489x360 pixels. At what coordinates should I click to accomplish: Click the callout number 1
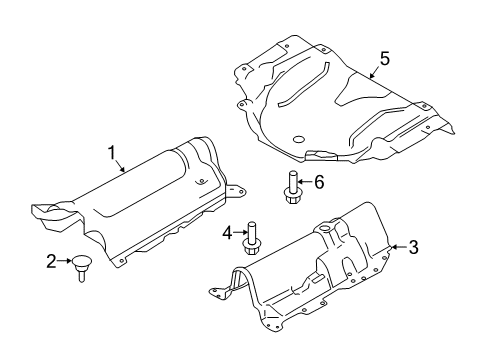pyautogui.click(x=113, y=152)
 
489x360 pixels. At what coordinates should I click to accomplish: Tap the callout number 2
pyautogui.click(x=52, y=262)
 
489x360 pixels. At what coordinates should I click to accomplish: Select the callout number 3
pyautogui.click(x=413, y=247)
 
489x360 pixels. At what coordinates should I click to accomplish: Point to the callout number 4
pyautogui.click(x=227, y=233)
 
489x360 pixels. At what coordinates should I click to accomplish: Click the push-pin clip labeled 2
pyautogui.click(x=79, y=268)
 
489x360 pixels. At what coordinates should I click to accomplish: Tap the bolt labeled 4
pyautogui.click(x=252, y=236)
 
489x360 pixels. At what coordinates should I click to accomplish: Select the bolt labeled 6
pyautogui.click(x=292, y=188)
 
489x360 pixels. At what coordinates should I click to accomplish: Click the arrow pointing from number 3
pyautogui.click(x=398, y=245)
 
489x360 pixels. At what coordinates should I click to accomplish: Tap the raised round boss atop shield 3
pyautogui.click(x=325, y=231)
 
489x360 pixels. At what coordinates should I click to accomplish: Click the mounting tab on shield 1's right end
pyautogui.click(x=235, y=191)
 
